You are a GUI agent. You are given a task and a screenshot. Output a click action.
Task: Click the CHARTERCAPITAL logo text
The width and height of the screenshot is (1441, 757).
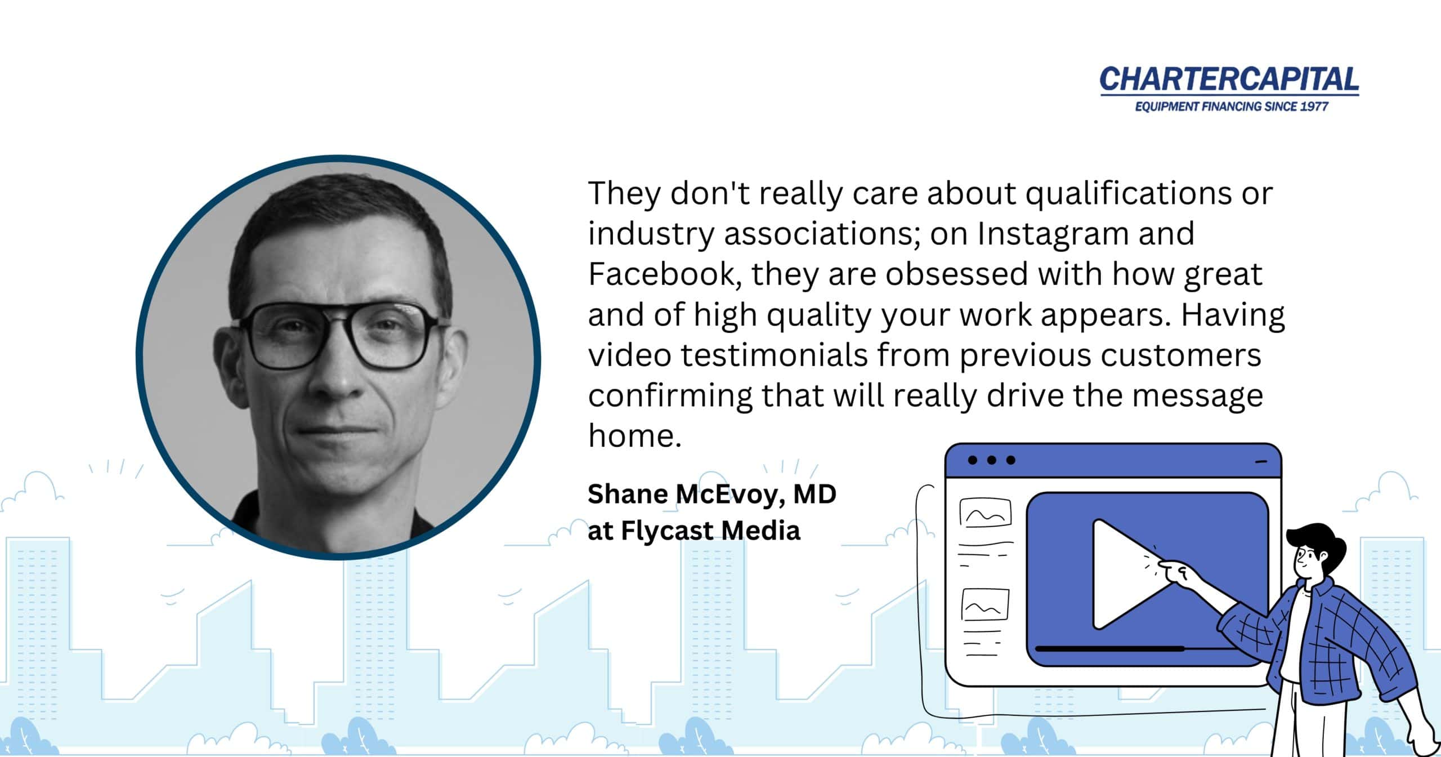(1229, 80)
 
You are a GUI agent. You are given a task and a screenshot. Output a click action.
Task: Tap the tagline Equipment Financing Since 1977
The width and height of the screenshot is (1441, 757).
(1232, 106)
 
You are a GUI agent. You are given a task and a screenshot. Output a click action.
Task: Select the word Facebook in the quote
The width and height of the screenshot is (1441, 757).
(661, 274)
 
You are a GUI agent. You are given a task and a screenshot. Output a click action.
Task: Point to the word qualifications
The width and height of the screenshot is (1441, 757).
(1128, 194)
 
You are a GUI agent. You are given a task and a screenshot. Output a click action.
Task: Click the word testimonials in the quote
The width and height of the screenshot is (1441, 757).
(775, 355)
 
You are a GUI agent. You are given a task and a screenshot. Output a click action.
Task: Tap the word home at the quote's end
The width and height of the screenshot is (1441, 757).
(635, 435)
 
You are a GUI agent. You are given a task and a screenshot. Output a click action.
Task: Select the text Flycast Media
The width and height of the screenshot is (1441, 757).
(710, 531)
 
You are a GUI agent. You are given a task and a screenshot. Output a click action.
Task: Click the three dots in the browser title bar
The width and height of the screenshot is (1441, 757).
(991, 460)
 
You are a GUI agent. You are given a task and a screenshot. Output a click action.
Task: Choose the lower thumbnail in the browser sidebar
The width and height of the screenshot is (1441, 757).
(985, 604)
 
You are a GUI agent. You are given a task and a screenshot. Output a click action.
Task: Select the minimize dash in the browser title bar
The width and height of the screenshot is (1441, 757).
(1261, 462)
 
